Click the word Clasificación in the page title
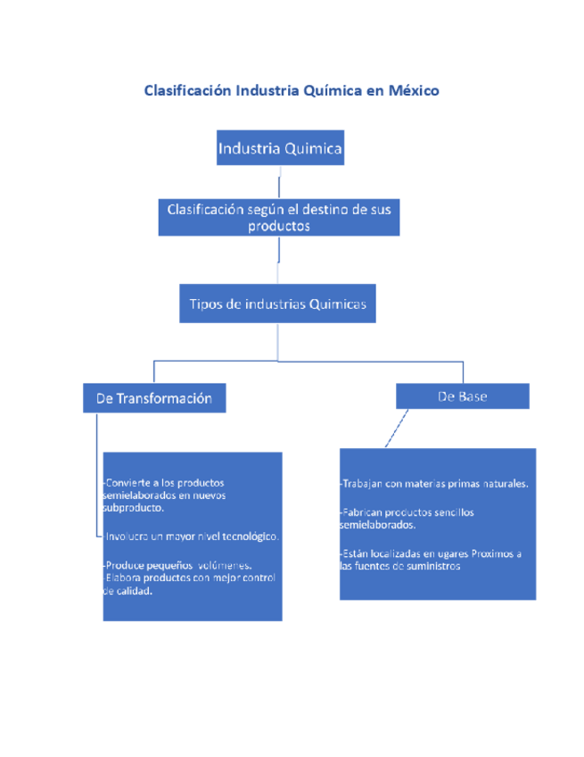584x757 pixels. tap(187, 91)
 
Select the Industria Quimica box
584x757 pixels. tap(280, 148)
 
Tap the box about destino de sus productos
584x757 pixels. tap(279, 217)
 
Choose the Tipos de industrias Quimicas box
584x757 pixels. tap(278, 304)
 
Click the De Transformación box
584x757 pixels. tap(154, 398)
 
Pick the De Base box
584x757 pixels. tap(463, 396)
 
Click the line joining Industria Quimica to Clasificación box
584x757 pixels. tap(280, 186)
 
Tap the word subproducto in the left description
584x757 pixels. tap(133, 508)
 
